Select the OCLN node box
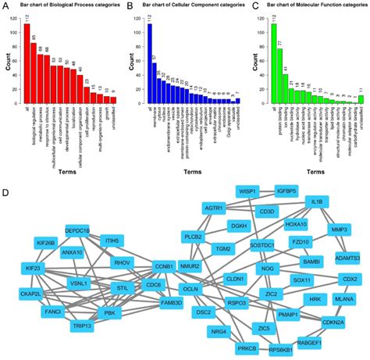190,289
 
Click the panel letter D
6,192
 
